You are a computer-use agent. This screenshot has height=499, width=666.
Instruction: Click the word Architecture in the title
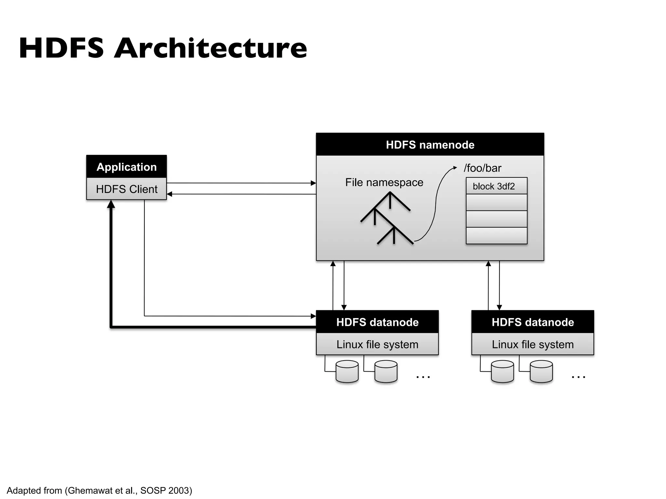point(211,48)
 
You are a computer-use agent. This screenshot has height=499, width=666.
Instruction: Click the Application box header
point(127,167)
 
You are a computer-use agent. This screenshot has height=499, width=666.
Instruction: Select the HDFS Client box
point(127,189)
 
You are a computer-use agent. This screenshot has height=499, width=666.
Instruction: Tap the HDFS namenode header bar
point(430,145)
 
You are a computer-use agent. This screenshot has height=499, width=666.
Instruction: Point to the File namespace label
point(384,182)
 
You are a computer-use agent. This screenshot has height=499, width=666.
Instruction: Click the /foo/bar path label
point(483,168)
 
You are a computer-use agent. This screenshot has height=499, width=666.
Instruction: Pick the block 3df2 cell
point(496,186)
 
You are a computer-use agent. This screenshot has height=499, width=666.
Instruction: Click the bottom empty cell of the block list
point(496,236)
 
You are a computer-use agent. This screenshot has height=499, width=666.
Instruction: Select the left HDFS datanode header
point(377,322)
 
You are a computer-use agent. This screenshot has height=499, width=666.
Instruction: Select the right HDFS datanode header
point(533,322)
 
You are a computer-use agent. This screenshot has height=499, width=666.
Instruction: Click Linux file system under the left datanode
point(377,344)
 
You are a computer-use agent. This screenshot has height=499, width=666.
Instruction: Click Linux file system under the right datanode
point(533,344)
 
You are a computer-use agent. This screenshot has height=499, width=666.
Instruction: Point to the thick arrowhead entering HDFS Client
point(111,204)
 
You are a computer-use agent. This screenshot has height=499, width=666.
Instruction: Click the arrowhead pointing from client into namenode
point(313,183)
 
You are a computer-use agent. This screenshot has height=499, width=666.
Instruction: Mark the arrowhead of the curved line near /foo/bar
point(455,168)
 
